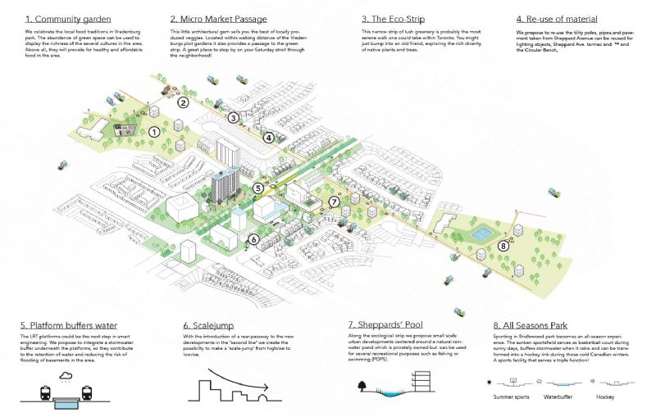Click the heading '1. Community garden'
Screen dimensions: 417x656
[x=69, y=18]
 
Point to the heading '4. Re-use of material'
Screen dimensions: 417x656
[x=556, y=18]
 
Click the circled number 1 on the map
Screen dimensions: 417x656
[x=153, y=131]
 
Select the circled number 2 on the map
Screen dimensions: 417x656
[x=184, y=103]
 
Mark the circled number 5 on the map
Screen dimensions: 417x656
[x=258, y=188]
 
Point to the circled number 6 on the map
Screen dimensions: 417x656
[x=254, y=239]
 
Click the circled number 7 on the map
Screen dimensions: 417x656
[x=334, y=202]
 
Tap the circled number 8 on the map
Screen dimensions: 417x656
[x=503, y=245]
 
